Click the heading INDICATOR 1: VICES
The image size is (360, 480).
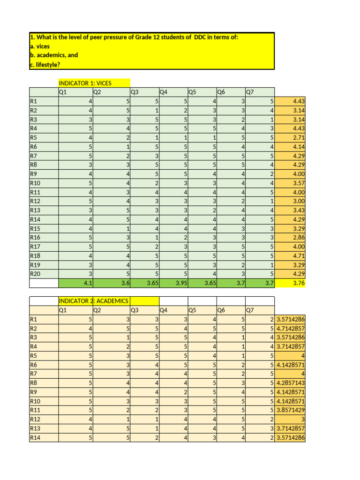pos(85,83)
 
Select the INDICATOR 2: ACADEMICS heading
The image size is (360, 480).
pos(93,300)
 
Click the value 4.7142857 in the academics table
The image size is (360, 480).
pos(290,328)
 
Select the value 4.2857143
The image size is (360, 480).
pos(290,382)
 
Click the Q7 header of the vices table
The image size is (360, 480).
pos(250,92)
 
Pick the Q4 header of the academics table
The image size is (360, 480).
pos(164,310)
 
